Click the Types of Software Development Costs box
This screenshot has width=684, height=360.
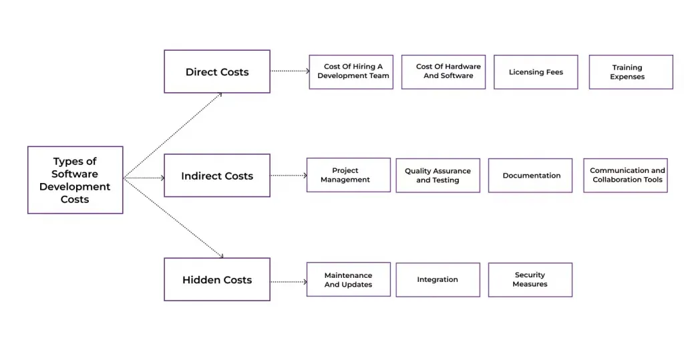(x=75, y=180)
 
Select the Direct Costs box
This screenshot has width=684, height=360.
(x=217, y=71)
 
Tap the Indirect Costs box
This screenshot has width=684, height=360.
(x=217, y=176)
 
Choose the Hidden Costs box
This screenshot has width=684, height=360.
(x=217, y=279)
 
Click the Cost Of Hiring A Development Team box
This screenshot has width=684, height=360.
(x=351, y=72)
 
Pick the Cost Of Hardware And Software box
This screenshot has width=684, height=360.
(x=444, y=72)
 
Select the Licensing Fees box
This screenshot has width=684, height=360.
(x=536, y=72)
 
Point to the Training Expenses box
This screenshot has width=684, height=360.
(x=631, y=72)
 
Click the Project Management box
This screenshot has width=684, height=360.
(x=349, y=175)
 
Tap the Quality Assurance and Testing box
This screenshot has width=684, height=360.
(x=438, y=176)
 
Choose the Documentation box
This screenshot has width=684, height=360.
(x=530, y=176)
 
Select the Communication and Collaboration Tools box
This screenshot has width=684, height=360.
(x=625, y=176)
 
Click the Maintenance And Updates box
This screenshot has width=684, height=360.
(x=349, y=279)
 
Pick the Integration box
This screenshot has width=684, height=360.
(x=438, y=279)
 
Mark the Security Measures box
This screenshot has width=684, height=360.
(x=530, y=279)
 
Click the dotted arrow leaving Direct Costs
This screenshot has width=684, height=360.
(x=290, y=70)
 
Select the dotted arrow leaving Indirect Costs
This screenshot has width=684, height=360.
(x=289, y=176)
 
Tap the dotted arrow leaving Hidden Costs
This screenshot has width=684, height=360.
(x=289, y=281)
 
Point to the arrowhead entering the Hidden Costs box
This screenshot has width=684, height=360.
(x=221, y=255)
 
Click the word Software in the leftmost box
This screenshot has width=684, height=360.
(x=75, y=174)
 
